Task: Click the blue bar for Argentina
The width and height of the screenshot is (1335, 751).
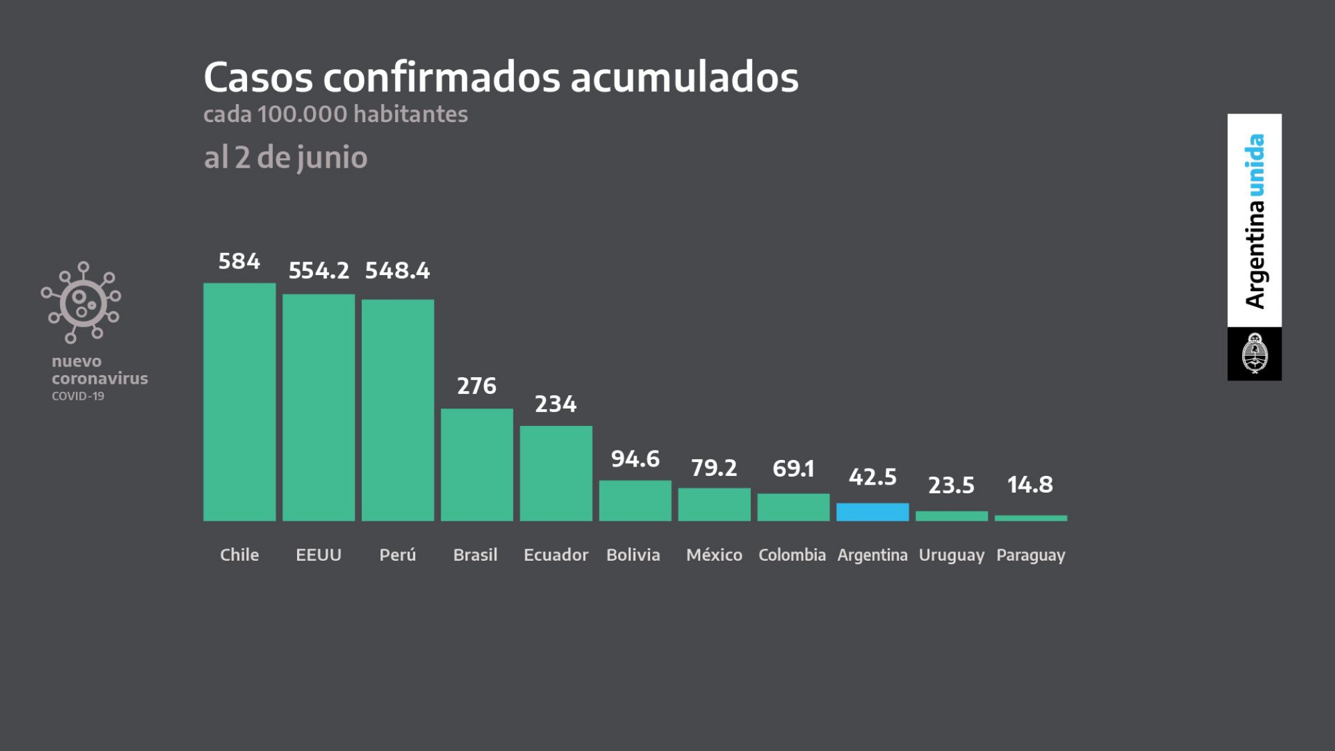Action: click(872, 512)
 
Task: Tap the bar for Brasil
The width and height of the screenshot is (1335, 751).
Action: click(477, 465)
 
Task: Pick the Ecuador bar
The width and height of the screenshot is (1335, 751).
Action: click(556, 473)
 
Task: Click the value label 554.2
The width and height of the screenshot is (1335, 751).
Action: click(318, 270)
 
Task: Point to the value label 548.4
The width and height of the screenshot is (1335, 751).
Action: click(397, 270)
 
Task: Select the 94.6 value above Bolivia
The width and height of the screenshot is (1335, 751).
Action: click(635, 459)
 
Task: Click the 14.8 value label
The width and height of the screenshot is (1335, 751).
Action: click(1030, 485)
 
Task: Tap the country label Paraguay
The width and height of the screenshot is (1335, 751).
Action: click(1031, 555)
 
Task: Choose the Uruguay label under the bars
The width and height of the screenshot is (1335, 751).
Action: click(951, 555)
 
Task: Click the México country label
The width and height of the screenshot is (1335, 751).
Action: click(714, 555)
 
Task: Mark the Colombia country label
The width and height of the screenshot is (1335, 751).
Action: click(792, 555)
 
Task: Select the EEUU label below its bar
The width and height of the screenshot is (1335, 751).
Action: click(318, 555)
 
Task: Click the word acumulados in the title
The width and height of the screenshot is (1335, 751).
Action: click(684, 77)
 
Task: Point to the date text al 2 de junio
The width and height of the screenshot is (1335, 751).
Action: click(286, 158)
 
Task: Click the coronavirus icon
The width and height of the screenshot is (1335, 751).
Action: click(82, 302)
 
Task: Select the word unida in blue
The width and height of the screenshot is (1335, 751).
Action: click(1255, 165)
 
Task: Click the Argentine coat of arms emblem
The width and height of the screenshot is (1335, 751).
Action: click(1254, 353)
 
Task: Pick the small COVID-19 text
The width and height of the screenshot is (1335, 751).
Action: click(78, 396)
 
